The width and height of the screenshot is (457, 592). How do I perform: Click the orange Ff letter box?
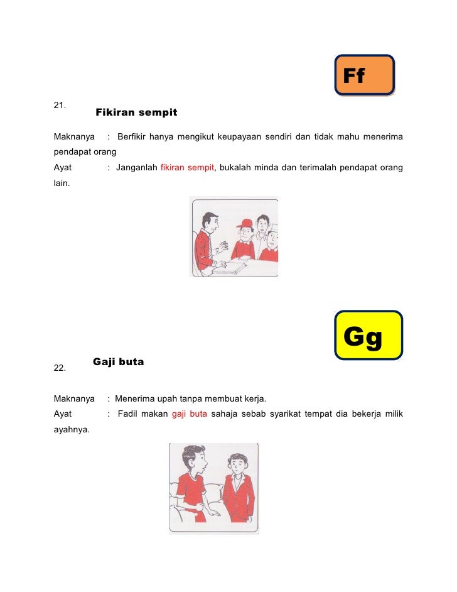point(364,75)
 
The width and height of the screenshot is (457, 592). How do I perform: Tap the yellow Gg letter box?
point(368,335)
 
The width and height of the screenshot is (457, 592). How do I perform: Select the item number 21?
point(60,105)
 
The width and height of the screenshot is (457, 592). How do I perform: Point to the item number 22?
point(60,368)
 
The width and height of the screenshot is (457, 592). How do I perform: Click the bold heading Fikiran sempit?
point(136,112)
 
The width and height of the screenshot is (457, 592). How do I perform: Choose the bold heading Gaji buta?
point(118,362)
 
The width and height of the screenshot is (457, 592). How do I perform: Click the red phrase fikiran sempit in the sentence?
point(188,168)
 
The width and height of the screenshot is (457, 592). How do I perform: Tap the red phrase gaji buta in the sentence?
point(189,414)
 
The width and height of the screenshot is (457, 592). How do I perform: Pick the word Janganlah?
point(136,168)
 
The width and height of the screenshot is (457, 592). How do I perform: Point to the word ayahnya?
point(71,430)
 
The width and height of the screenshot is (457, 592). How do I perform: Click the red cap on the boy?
point(245,223)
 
